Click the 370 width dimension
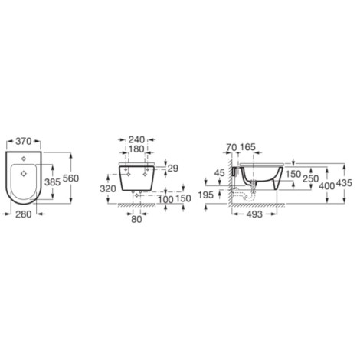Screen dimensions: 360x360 coord(24,141)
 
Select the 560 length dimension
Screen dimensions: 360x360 coord(70,178)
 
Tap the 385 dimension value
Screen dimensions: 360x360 coord(52,182)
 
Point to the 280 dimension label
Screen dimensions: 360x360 coord(24,214)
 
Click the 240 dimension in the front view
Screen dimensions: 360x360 coord(136,139)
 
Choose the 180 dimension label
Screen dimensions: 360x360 coord(136,149)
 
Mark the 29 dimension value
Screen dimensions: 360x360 coord(173,169)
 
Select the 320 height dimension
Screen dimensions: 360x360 coord(108,189)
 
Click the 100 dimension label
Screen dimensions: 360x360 coord(165,199)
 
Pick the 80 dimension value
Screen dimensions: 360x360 coord(136,219)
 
